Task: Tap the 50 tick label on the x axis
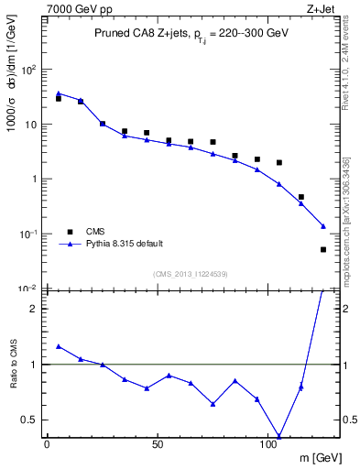click(158, 444)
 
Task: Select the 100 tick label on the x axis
click(269, 444)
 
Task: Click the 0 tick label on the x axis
click(47, 444)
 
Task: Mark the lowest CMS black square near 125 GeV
click(323, 249)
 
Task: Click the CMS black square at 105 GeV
click(279, 163)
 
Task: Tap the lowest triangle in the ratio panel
click(279, 437)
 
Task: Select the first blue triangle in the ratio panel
click(59, 346)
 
